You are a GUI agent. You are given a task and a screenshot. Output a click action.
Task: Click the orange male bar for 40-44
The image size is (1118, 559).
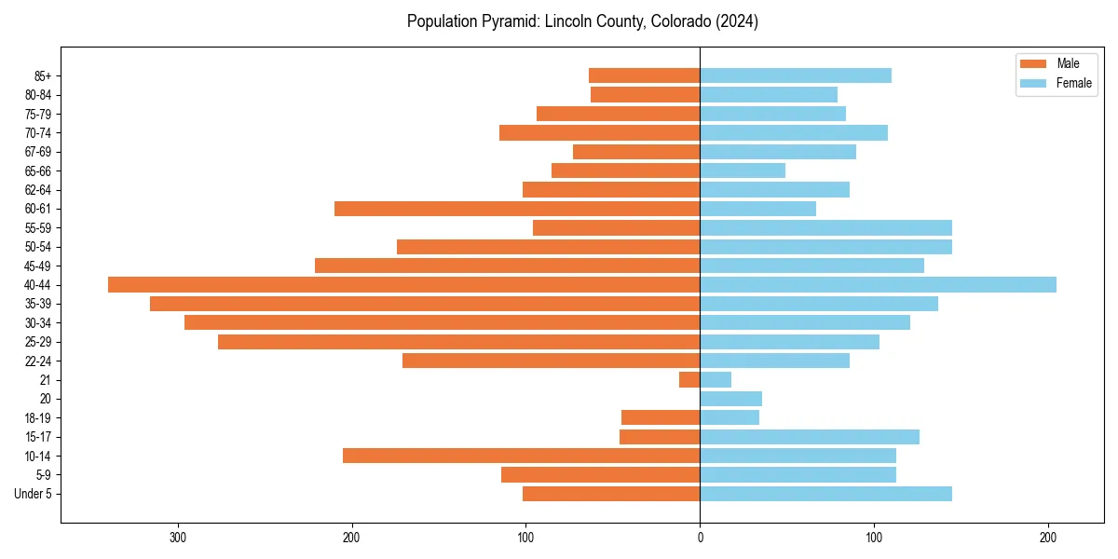pyautogui.click(x=403, y=285)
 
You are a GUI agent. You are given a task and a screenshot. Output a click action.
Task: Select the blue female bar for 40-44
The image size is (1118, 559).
pyautogui.click(x=878, y=285)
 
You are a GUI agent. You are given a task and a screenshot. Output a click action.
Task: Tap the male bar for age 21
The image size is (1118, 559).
pyautogui.click(x=689, y=380)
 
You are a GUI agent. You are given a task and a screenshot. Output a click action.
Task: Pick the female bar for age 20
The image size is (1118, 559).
pyautogui.click(x=730, y=399)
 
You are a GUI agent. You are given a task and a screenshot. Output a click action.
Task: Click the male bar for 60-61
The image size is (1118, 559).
pyautogui.click(x=517, y=209)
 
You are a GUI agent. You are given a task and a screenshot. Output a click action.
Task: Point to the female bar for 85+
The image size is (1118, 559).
pyautogui.click(x=796, y=75)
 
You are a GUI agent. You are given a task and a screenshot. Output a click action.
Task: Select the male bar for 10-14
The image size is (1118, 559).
pyautogui.click(x=521, y=456)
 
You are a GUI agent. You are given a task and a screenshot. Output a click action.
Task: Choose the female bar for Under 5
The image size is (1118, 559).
pyautogui.click(x=825, y=494)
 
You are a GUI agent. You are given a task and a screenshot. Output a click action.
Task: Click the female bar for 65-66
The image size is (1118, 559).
pyautogui.click(x=743, y=170)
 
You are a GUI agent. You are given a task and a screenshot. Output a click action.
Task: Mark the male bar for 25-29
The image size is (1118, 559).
pyautogui.click(x=458, y=342)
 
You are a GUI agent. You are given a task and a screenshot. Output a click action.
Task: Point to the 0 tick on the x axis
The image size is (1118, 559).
pyautogui.click(x=700, y=538)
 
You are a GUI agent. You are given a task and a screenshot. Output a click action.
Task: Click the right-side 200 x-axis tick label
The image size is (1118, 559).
pyautogui.click(x=1048, y=538)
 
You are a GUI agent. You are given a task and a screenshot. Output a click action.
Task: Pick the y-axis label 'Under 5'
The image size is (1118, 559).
pyautogui.click(x=34, y=494)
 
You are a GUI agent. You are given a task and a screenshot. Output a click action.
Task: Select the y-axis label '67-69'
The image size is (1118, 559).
pyautogui.click(x=38, y=152)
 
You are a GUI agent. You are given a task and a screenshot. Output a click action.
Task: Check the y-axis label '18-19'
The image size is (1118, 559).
pyautogui.click(x=38, y=418)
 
